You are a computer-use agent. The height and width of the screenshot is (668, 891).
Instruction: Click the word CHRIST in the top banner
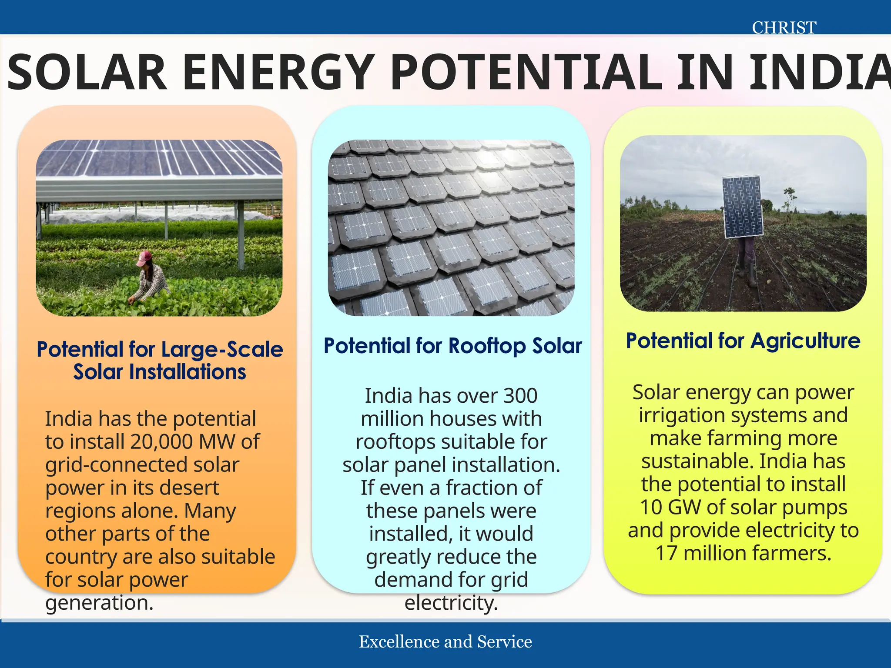pyautogui.click(x=784, y=28)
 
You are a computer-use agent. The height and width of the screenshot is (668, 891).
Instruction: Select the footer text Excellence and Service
pyautogui.click(x=445, y=642)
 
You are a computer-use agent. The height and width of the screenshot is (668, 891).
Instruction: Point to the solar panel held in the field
pyautogui.click(x=743, y=207)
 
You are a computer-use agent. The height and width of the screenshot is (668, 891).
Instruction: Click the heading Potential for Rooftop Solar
pyautogui.click(x=452, y=346)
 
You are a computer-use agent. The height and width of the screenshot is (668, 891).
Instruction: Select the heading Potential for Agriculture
pyautogui.click(x=743, y=341)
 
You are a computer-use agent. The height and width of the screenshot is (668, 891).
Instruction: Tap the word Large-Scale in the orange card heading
pyautogui.click(x=222, y=350)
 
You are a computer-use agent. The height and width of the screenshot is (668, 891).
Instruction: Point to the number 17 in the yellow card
pyautogui.click(x=667, y=554)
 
